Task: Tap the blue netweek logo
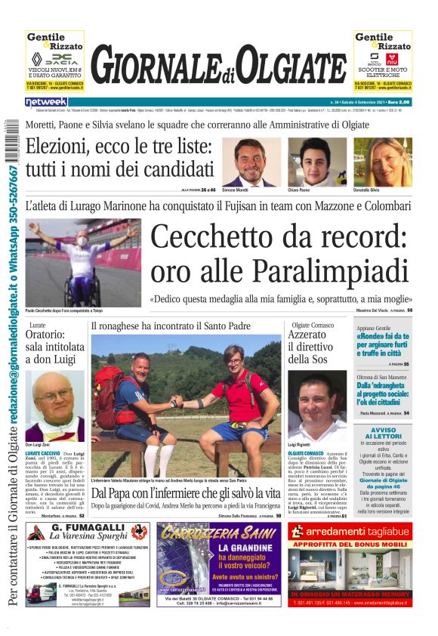point(46,101)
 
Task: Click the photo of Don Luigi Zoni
point(55,405)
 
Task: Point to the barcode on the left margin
point(8,139)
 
